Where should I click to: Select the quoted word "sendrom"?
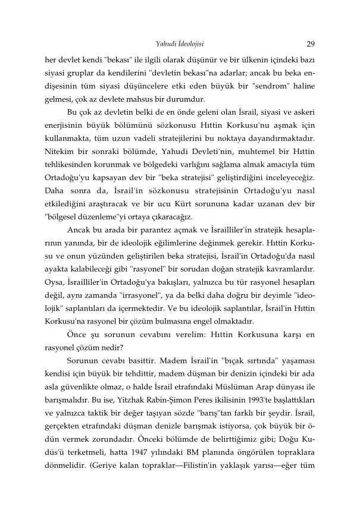pos(264,86)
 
